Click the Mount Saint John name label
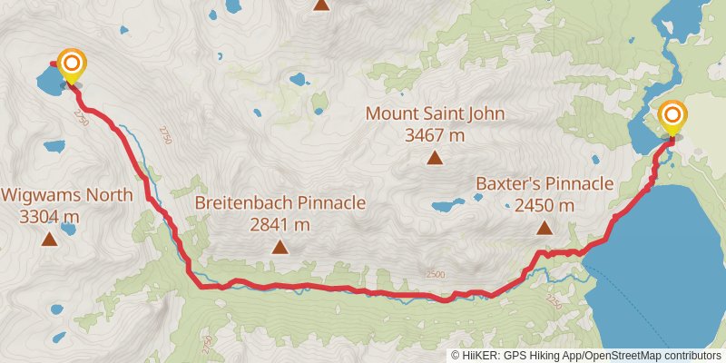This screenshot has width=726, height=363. [x=435, y=114]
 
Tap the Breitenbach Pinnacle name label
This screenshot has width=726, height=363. [x=280, y=202]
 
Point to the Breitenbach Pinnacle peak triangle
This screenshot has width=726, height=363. [x=280, y=247]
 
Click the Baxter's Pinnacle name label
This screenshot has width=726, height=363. [x=544, y=184]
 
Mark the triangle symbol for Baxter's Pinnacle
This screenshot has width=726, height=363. [x=544, y=229]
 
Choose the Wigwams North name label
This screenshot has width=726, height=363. [x=67, y=195]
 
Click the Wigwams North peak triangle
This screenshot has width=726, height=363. [x=48, y=240]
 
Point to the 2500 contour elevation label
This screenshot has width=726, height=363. [x=435, y=274]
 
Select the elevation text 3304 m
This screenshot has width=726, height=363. [x=49, y=217]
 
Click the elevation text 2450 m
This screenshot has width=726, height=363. [x=544, y=206]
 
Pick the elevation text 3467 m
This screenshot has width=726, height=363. [x=435, y=135]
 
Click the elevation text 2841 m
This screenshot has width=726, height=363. [x=280, y=224]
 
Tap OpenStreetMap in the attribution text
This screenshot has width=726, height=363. [x=622, y=355]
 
